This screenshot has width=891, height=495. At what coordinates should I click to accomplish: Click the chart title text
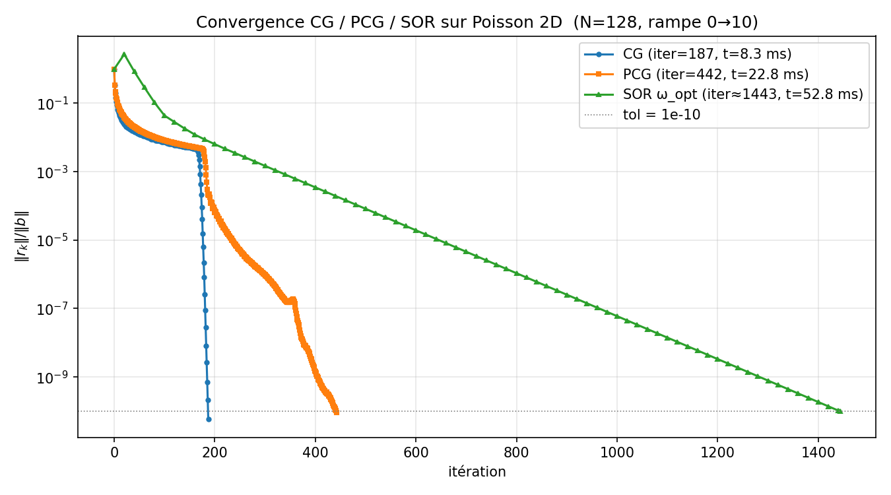click(477, 22)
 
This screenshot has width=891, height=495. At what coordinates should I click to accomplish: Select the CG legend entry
click(707, 54)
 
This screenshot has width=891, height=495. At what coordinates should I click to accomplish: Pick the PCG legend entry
click(715, 75)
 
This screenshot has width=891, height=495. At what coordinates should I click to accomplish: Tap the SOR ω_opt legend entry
click(742, 94)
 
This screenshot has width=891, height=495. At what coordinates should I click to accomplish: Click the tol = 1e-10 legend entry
click(661, 115)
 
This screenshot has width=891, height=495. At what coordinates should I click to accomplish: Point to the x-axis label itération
click(477, 472)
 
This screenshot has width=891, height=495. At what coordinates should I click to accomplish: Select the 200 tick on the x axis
click(214, 453)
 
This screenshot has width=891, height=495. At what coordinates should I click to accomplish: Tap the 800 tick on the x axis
click(516, 453)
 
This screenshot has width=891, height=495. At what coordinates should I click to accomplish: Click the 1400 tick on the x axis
click(818, 453)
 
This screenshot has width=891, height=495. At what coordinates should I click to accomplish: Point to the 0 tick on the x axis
click(114, 453)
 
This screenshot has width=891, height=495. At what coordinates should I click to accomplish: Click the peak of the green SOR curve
click(124, 54)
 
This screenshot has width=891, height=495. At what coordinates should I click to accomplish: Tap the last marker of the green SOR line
click(840, 411)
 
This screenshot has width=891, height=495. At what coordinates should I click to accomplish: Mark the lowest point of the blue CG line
click(209, 419)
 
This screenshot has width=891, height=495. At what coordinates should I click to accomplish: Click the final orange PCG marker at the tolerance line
click(336, 412)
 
